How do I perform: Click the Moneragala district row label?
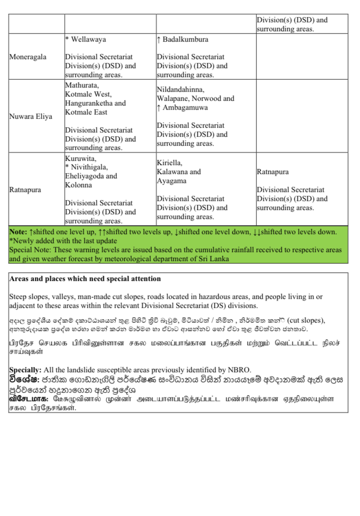click(28, 57)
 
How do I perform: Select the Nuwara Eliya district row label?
click(30, 116)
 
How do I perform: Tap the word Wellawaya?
click(88, 39)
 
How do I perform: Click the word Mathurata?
click(82, 85)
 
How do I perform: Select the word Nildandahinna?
click(180, 89)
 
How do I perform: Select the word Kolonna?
click(78, 185)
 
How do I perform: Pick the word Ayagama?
click(171, 181)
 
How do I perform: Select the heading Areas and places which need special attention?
click(85, 279)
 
